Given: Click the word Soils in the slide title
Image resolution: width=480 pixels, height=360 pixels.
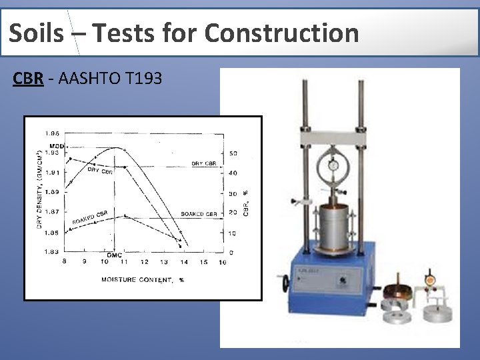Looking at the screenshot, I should [x=39, y=32].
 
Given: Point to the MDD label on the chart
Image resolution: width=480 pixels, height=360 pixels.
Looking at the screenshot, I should [x=57, y=146].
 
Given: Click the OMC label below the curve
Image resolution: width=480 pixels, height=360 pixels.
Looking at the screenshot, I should [x=114, y=255].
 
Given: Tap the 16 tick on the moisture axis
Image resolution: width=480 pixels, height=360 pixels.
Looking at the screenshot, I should [x=222, y=263].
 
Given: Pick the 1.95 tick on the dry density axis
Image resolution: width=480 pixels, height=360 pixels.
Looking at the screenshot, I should [x=52, y=133].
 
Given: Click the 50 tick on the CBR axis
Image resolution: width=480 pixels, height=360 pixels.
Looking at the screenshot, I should [x=233, y=153].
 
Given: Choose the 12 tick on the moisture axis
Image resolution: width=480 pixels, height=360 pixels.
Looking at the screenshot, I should [x=143, y=263].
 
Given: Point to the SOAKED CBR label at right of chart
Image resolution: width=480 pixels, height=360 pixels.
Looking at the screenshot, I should [x=199, y=214].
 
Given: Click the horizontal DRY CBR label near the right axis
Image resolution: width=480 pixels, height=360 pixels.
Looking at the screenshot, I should [x=203, y=163].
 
